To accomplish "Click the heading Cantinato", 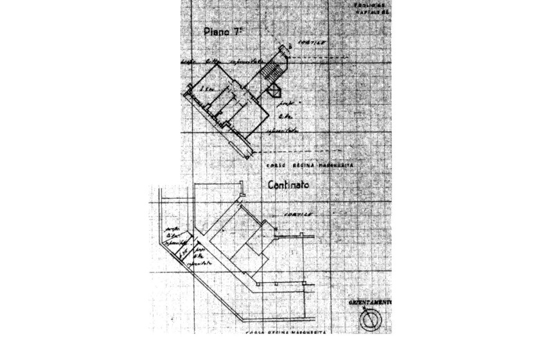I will pyautogui.click(x=288, y=184).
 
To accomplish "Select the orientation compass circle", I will pyautogui.click(x=371, y=319).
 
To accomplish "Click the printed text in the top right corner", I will pyautogui.click(x=371, y=8).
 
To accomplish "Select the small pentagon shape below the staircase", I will pyautogui.click(x=274, y=93).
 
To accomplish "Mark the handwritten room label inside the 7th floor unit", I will pyautogui.click(x=206, y=88).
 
